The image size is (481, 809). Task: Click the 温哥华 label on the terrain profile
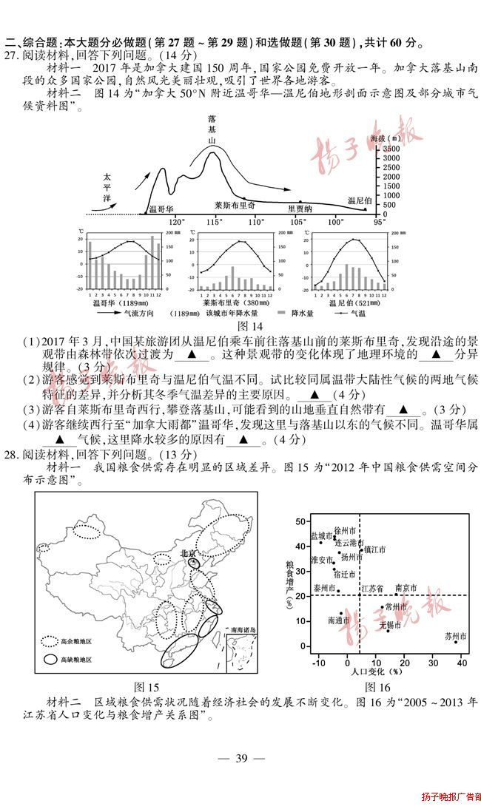pyautogui.click(x=161, y=209)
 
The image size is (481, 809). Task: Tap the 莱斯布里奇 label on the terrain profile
pyautogui.click(x=235, y=205)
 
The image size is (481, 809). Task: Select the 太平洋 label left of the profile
pyautogui.click(x=107, y=189)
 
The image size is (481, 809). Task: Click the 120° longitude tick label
pyautogui.click(x=176, y=221)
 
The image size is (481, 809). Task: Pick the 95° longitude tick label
pyautogui.click(x=379, y=221)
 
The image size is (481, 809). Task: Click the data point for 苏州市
pyautogui.click(x=456, y=642)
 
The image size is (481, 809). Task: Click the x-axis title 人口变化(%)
pyautogui.click(x=375, y=672)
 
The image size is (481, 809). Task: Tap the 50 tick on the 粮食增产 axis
pyautogui.click(x=300, y=521)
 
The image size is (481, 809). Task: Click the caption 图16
pyautogui.click(x=377, y=687)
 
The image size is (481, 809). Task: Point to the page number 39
pyautogui.click(x=240, y=758)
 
